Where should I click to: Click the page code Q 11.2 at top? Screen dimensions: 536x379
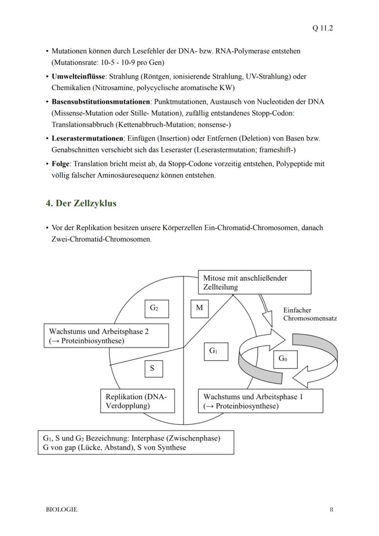[323, 28]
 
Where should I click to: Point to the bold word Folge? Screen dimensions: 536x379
[61, 163]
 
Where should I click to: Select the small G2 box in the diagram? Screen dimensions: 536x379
[154, 309]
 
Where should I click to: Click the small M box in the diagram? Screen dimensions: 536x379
[200, 308]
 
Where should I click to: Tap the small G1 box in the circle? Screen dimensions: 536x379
[213, 351]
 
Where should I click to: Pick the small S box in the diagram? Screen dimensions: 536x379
[152, 368]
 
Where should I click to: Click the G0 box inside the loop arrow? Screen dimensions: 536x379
[283, 359]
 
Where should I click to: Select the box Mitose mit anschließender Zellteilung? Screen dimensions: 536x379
[254, 282]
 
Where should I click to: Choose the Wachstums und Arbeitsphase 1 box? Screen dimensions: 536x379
[260, 401]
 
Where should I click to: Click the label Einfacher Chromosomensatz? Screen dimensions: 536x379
[309, 314]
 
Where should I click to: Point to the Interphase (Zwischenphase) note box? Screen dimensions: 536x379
[135, 442]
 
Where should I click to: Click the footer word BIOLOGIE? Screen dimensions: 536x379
[62, 509]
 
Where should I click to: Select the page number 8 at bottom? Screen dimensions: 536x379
[331, 509]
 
